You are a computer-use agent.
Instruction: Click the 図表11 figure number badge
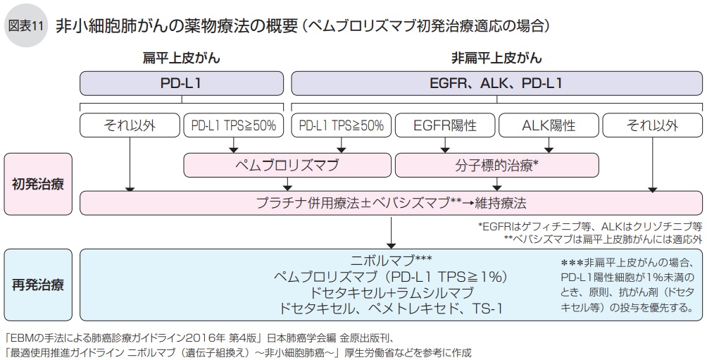click(x=26, y=25)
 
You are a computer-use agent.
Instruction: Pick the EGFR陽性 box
click(x=445, y=125)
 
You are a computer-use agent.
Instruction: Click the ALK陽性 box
click(x=549, y=125)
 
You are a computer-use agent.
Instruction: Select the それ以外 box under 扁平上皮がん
click(x=130, y=125)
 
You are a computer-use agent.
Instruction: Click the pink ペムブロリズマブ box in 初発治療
click(x=287, y=166)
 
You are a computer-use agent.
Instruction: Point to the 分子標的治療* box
click(x=497, y=166)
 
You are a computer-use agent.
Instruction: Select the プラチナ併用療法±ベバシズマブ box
click(x=392, y=203)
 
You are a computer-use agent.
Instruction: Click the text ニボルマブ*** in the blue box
click(x=392, y=260)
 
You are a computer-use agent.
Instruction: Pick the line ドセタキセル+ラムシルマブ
click(x=392, y=292)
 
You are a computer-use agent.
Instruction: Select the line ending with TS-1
click(x=392, y=309)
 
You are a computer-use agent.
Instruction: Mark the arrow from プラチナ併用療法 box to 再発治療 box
click(x=392, y=230)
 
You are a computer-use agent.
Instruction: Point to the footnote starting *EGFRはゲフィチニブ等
click(x=590, y=226)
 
